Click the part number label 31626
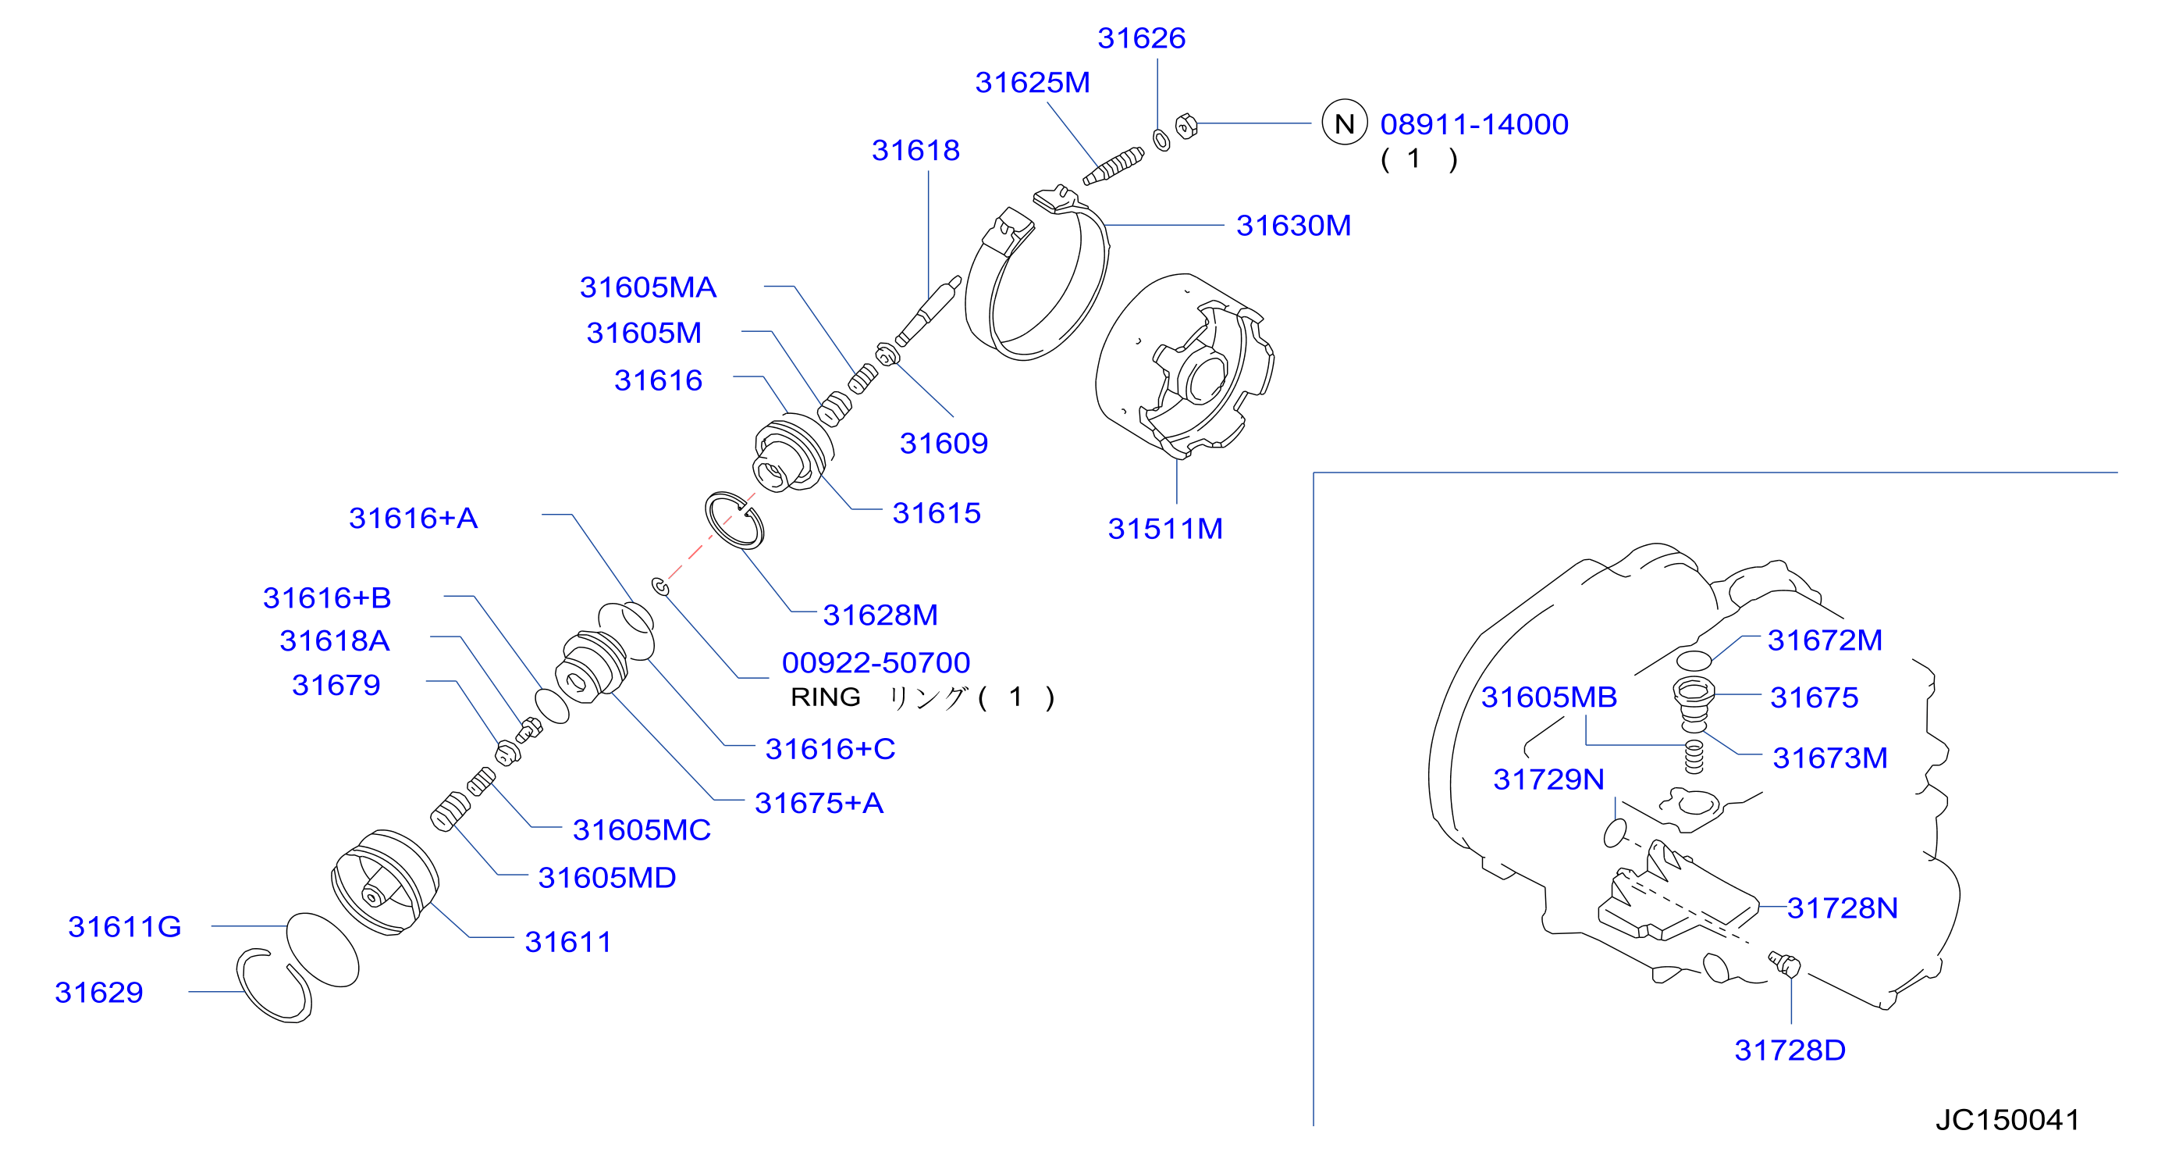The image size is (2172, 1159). [x=1141, y=38]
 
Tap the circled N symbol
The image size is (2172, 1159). [x=1344, y=123]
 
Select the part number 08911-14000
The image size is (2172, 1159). [x=1473, y=124]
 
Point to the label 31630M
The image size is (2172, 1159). [x=1293, y=225]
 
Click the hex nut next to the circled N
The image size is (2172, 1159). [x=1186, y=126]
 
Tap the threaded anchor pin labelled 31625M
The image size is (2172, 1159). [x=1113, y=166]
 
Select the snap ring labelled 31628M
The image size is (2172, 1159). [x=734, y=520]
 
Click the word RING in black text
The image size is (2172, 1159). [x=826, y=697]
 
